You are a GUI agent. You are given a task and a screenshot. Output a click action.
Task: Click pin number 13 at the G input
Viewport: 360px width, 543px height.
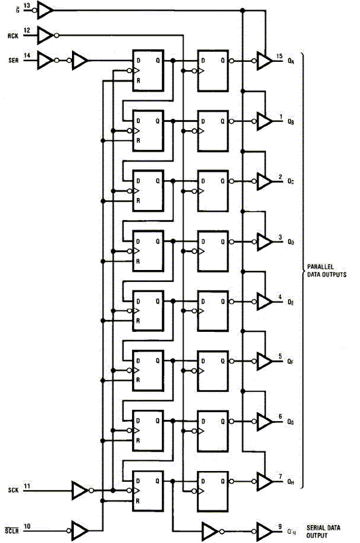point(27,5)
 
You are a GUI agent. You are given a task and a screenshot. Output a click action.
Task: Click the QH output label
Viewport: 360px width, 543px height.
point(291,481)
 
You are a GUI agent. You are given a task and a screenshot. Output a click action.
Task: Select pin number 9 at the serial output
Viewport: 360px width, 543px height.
point(280,526)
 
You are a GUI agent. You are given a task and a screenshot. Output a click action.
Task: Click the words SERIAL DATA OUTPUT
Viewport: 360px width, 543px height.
point(325,530)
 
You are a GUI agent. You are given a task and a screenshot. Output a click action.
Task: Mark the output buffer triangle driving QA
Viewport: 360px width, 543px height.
point(263,61)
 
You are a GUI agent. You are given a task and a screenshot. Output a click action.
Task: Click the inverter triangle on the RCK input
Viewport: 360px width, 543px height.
point(46,35)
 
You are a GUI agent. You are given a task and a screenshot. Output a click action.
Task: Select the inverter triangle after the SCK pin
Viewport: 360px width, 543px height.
point(79,490)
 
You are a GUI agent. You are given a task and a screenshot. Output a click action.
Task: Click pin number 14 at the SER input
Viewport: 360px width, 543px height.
point(27,55)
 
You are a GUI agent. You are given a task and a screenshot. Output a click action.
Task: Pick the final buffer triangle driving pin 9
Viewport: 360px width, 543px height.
point(263,530)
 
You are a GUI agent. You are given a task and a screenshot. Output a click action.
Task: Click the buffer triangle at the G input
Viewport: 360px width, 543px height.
point(46,10)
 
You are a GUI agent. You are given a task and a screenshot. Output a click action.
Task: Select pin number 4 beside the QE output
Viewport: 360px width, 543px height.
point(280,297)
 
